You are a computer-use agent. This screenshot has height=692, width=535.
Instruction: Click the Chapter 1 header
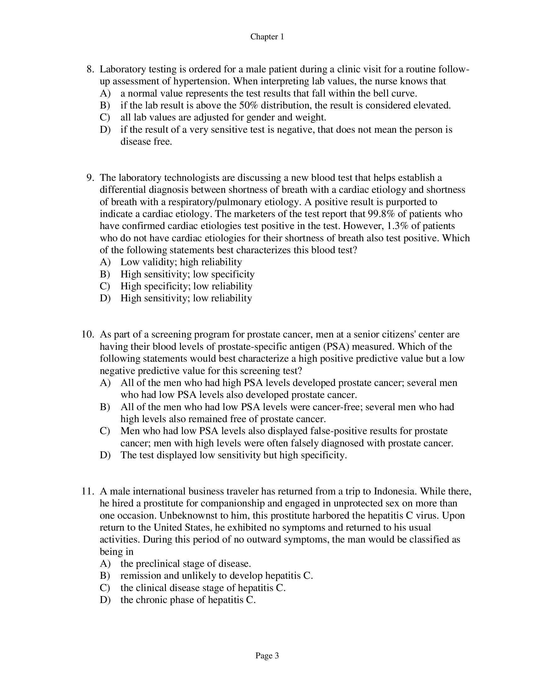267,37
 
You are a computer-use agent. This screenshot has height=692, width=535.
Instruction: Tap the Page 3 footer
267,656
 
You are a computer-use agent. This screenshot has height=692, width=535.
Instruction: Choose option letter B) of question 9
104,274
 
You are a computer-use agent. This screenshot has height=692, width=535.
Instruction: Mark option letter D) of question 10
104,455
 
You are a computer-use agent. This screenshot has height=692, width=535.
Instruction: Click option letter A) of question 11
104,564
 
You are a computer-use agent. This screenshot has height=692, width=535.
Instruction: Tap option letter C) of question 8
104,118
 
